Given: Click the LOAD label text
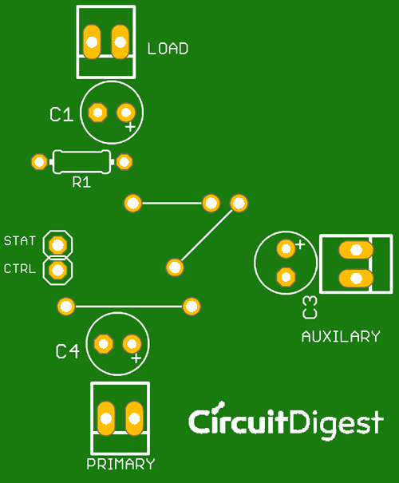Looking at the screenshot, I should coord(168,49).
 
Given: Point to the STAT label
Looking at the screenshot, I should coord(20,240).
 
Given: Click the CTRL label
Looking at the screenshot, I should coord(20,269).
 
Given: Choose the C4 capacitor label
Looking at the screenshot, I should coord(67,351).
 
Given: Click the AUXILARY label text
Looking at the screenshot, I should coord(341,336).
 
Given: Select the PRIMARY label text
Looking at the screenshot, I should coord(120,464).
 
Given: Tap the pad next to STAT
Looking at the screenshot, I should coord(57,243).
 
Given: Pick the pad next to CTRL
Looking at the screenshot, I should coord(57,271).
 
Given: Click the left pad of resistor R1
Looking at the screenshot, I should coord(38,162).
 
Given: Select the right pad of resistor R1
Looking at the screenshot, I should coord(124,162).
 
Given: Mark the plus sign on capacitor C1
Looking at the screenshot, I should coord(130,126).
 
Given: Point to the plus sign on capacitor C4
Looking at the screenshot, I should coord(136,359).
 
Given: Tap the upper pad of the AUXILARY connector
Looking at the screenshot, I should coord(355,251).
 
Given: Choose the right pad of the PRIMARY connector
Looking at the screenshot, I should coord(134,417).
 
